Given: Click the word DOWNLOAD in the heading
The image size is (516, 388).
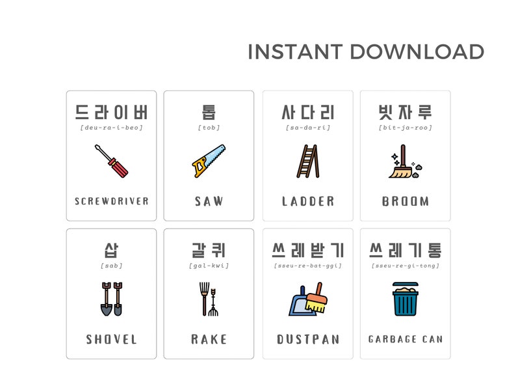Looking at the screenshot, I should click(417, 52).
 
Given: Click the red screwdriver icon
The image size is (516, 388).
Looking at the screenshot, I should click(111, 161).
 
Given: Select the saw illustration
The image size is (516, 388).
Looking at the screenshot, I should click(209, 161).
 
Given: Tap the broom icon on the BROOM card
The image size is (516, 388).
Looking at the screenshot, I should click(404, 162).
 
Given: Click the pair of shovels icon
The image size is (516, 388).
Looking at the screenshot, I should click(111, 299).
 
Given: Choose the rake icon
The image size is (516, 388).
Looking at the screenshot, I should click(209, 299).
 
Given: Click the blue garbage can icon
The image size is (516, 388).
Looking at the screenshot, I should click(405, 299).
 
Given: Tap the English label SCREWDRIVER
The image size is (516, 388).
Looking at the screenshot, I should click(111, 201).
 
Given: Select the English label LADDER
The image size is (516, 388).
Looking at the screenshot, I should click(308, 201).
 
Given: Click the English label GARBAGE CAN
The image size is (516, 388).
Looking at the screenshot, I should click(405, 339).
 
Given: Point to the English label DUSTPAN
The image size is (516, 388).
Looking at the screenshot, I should click(308, 339).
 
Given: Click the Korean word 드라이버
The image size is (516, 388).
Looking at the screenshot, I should click(111, 112).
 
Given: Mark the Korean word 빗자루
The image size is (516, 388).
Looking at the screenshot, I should click(405, 112).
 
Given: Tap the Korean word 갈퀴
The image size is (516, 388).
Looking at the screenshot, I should click(209, 250).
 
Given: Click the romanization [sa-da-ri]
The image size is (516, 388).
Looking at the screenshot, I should click(308, 128).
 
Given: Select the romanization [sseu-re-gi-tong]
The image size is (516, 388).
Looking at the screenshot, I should click(405, 266).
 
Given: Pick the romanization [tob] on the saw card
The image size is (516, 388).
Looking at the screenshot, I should click(209, 128).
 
